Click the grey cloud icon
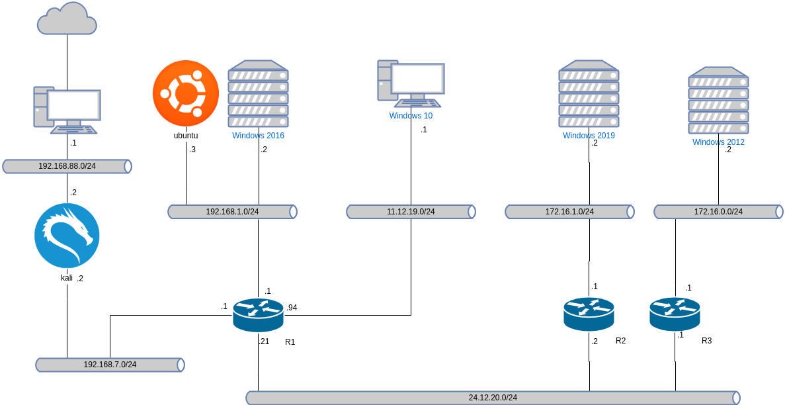(67, 19)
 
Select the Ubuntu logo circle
(186, 93)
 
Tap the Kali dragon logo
(67, 236)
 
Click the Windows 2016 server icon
(258, 94)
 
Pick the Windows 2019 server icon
(589, 94)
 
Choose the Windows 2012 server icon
(718, 101)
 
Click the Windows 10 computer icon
(411, 83)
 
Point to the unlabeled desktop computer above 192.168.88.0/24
(67, 110)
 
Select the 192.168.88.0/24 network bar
(67, 166)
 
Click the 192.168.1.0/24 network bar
(232, 212)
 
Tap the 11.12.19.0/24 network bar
(411, 212)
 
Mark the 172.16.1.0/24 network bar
(569, 212)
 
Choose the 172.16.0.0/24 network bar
(718, 212)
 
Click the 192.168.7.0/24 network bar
(110, 365)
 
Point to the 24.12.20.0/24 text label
(493, 398)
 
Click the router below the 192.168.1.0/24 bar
(258, 314)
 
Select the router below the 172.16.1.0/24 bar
(589, 314)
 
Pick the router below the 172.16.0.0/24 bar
(675, 314)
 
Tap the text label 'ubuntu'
(186, 136)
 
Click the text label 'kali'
(67, 278)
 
